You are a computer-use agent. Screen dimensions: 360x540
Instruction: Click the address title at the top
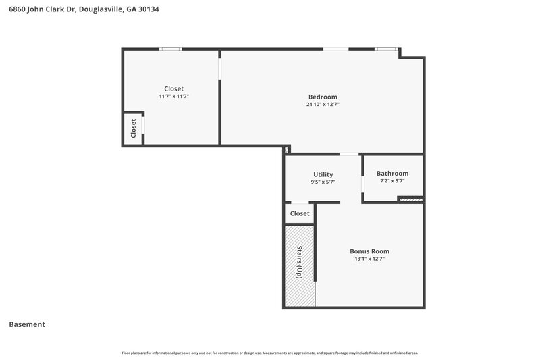[x=84, y=10]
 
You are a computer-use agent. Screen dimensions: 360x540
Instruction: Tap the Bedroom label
[x=323, y=97]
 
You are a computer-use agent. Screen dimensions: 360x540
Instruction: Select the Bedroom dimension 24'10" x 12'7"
[x=323, y=105]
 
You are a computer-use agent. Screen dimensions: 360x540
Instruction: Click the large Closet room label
[x=173, y=88]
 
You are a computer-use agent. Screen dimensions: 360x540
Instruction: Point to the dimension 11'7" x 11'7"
[x=173, y=97]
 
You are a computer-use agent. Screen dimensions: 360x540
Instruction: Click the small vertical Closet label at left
[x=133, y=128]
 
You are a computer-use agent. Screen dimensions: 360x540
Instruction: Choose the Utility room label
[x=323, y=174]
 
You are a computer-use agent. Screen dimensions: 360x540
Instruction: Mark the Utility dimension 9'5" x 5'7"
[x=323, y=182]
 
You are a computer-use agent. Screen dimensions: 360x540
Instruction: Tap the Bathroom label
[x=392, y=173]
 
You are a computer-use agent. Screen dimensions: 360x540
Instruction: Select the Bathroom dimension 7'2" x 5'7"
[x=392, y=181]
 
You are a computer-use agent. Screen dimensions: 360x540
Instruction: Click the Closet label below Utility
[x=299, y=213]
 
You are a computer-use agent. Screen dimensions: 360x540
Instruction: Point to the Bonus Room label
[x=369, y=251]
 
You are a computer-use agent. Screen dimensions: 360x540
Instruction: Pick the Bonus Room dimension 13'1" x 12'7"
[x=369, y=259]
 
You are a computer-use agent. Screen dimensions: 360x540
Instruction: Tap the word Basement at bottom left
[x=27, y=324]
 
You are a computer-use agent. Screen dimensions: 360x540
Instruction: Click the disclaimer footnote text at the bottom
[x=270, y=353]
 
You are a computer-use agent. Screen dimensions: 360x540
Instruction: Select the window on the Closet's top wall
[x=171, y=49]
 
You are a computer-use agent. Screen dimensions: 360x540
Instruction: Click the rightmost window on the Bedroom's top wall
[x=386, y=49]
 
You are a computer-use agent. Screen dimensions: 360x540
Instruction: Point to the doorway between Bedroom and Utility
[x=349, y=155]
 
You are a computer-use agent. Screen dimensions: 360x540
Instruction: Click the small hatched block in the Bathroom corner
[x=410, y=199]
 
